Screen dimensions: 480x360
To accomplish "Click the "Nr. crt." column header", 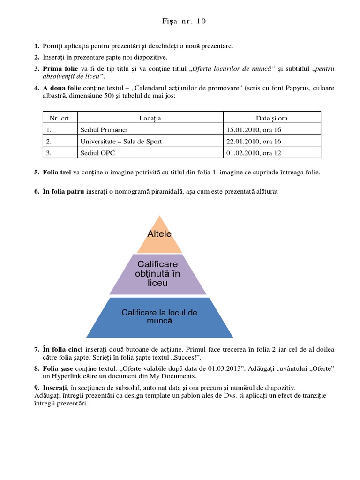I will tap(60, 118).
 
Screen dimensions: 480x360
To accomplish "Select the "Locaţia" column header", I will tap(150, 118).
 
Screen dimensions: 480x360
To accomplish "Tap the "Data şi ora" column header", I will tap(272, 118).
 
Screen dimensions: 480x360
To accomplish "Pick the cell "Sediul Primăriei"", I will tap(104, 130).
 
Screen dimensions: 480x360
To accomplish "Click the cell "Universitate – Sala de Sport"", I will tap(121, 141).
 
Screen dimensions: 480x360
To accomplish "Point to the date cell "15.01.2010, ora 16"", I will tap(254, 130).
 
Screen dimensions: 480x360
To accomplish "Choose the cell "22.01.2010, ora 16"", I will tap(254, 141).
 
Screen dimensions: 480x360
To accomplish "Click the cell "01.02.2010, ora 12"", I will tap(254, 153).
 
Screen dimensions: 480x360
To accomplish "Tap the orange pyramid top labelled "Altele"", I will tap(159, 234).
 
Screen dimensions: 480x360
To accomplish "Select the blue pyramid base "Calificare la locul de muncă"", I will tap(159, 316).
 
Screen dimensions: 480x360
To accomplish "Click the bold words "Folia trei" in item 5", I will tap(57, 172).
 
